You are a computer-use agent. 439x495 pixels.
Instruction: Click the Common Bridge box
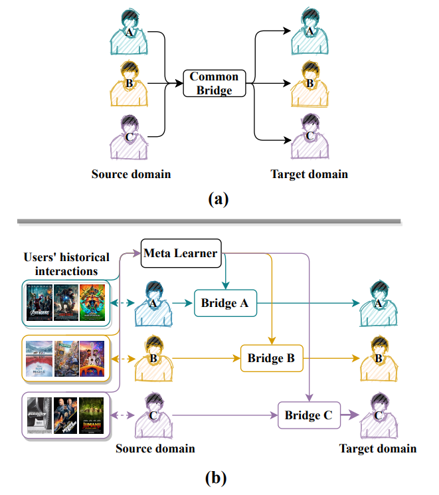(214, 83)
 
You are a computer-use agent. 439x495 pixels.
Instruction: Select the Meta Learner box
(181, 253)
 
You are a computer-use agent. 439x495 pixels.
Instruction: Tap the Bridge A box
(224, 303)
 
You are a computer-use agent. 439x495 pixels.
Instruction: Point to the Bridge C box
(308, 416)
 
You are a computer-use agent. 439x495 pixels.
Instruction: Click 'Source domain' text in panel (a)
(132, 174)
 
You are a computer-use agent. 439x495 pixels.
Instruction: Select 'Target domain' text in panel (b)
(378, 448)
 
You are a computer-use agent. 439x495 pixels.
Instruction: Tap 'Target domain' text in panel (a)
(309, 174)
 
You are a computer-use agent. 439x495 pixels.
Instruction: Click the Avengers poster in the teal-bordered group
(38, 302)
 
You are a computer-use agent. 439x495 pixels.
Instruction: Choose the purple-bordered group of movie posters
(65, 416)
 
